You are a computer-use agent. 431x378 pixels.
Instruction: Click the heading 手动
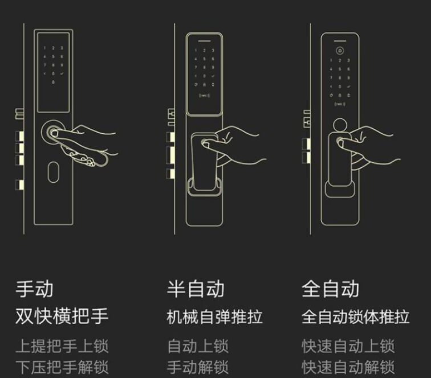point(34,288)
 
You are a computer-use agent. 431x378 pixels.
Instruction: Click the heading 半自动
point(196,288)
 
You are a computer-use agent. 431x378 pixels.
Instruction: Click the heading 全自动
point(331,288)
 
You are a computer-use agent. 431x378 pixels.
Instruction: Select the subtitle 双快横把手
point(62,316)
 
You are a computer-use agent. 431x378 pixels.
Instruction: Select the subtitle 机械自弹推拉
point(215,316)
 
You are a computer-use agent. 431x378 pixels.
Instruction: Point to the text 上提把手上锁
point(62,346)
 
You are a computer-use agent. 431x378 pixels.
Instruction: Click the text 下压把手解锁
point(62,367)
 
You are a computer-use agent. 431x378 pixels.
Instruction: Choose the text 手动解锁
point(197,367)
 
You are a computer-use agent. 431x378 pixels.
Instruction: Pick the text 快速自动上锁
point(348,346)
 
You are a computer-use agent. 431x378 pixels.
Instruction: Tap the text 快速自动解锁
point(348,367)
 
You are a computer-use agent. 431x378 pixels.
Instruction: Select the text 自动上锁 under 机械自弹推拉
point(197,346)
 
